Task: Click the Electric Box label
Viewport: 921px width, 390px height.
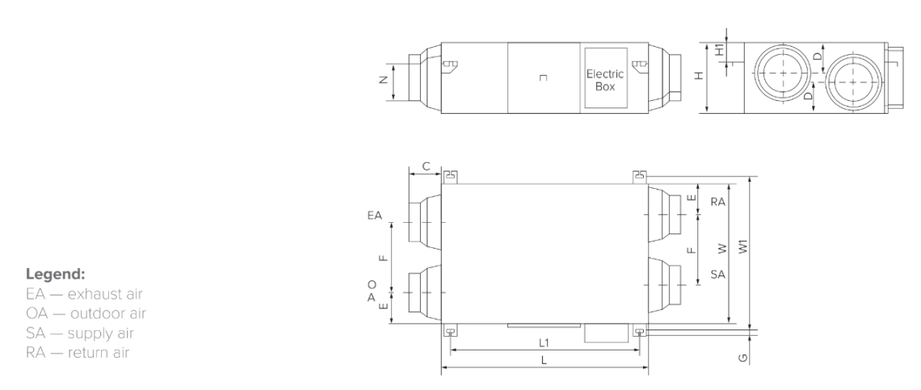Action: [x=605, y=81]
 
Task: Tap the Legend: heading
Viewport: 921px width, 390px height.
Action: [x=56, y=275]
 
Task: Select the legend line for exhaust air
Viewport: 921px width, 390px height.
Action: [x=84, y=294]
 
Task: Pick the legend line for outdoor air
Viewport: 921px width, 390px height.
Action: [x=86, y=313]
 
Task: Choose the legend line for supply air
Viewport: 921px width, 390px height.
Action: [x=80, y=333]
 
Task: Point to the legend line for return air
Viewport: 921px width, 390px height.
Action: [x=78, y=353]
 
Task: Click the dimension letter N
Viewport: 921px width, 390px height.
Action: [x=384, y=80]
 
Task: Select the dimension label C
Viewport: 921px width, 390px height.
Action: [x=427, y=167]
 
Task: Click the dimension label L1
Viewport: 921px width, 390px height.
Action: [x=544, y=342]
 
